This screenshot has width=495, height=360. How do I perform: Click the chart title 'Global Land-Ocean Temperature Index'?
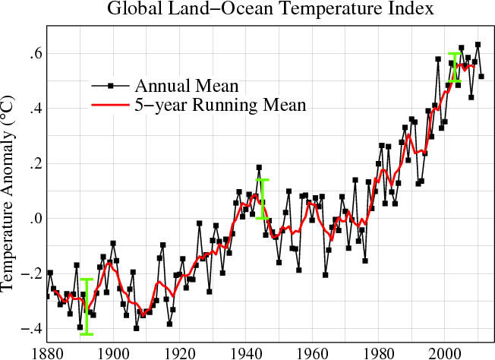pos(259,10)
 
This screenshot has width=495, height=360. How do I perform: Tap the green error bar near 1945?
pos(263,199)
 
